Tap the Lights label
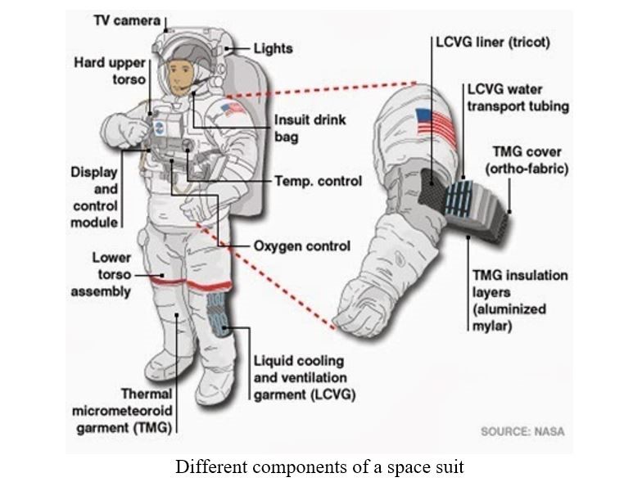[273, 48]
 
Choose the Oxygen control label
[301, 246]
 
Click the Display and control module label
[95, 197]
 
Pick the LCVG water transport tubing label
[517, 97]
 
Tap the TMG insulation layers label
[519, 300]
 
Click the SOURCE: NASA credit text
[522, 431]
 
